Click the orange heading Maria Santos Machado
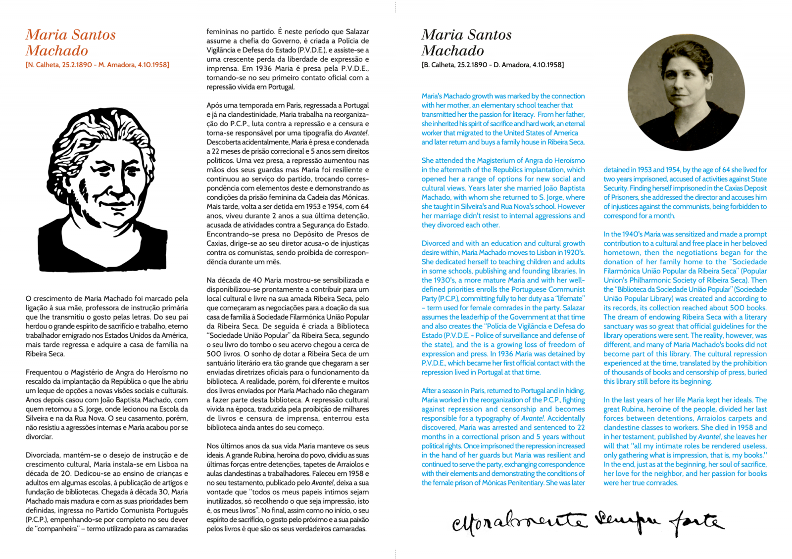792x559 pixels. point(70,43)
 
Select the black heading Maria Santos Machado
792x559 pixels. point(466,43)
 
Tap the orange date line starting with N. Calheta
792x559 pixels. point(98,65)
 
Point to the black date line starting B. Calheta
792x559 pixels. point(493,65)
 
